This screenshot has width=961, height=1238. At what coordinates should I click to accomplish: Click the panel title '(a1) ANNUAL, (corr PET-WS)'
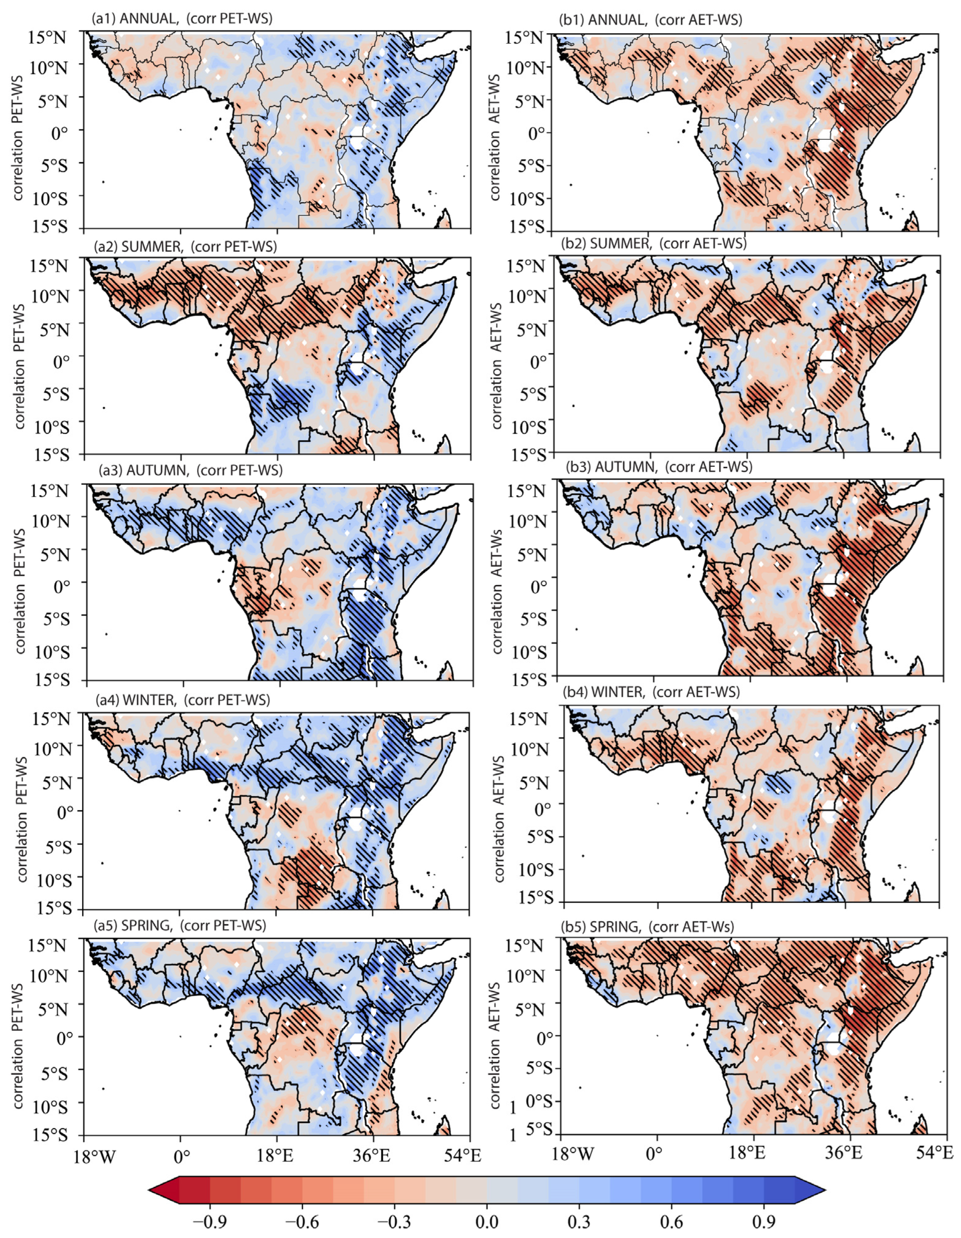coord(182,19)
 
